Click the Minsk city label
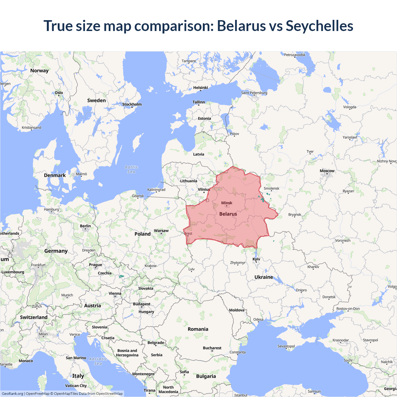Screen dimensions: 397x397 pyautogui.click(x=227, y=203)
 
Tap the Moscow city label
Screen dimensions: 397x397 pyautogui.click(x=327, y=171)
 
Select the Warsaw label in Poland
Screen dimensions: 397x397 pyautogui.click(x=161, y=230)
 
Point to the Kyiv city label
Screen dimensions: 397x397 pyautogui.click(x=256, y=259)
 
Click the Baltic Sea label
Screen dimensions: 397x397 pyautogui.click(x=132, y=169)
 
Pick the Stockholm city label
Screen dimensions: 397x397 pyautogui.click(x=132, y=104)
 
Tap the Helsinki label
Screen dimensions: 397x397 pyautogui.click(x=200, y=87)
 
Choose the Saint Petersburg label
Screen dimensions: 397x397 pyautogui.click(x=254, y=93)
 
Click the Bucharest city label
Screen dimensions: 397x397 pyautogui.click(x=212, y=348)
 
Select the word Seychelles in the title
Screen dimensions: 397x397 pyautogui.click(x=319, y=26)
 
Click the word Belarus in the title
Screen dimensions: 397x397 pyautogui.click(x=241, y=26)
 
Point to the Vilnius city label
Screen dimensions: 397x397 pyautogui.click(x=204, y=189)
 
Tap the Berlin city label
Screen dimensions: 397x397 pyautogui.click(x=85, y=226)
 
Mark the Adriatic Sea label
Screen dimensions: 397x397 pyautogui.click(x=98, y=361)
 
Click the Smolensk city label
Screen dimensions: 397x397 pyautogui.click(x=271, y=188)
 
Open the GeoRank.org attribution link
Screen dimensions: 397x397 pyautogui.click(x=12, y=394)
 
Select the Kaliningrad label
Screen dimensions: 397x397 pyautogui.click(x=156, y=190)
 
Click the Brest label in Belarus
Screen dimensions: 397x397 pyautogui.click(x=188, y=234)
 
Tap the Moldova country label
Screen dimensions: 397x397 pyautogui.click(x=237, y=310)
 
